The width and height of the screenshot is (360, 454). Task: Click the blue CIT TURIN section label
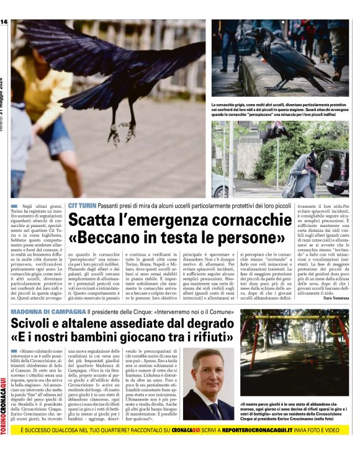tap(82, 205)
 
